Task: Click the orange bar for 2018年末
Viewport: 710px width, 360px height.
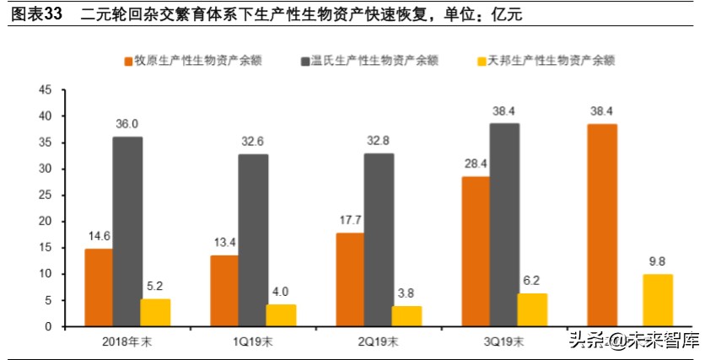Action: tap(99, 287)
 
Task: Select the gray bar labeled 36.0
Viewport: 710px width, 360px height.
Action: tap(127, 231)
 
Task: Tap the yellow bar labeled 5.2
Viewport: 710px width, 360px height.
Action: tap(155, 312)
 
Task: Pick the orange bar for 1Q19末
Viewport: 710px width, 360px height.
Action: tap(224, 290)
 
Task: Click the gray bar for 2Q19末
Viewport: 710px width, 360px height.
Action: tap(379, 239)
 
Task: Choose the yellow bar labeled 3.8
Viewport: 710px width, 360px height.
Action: tap(406, 316)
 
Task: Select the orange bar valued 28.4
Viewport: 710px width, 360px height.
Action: tap(476, 251)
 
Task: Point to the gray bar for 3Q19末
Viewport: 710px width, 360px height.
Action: tap(504, 224)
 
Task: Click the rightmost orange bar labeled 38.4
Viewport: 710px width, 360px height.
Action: tap(602, 224)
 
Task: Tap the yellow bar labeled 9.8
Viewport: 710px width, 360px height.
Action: tap(658, 300)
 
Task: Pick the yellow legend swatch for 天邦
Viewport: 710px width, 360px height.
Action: tap(483, 60)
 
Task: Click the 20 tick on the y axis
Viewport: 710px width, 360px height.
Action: tap(46, 221)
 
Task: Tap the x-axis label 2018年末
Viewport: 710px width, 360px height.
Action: tap(127, 341)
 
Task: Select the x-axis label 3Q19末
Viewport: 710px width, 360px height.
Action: tap(504, 341)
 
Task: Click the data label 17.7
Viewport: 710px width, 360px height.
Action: tap(350, 220)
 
